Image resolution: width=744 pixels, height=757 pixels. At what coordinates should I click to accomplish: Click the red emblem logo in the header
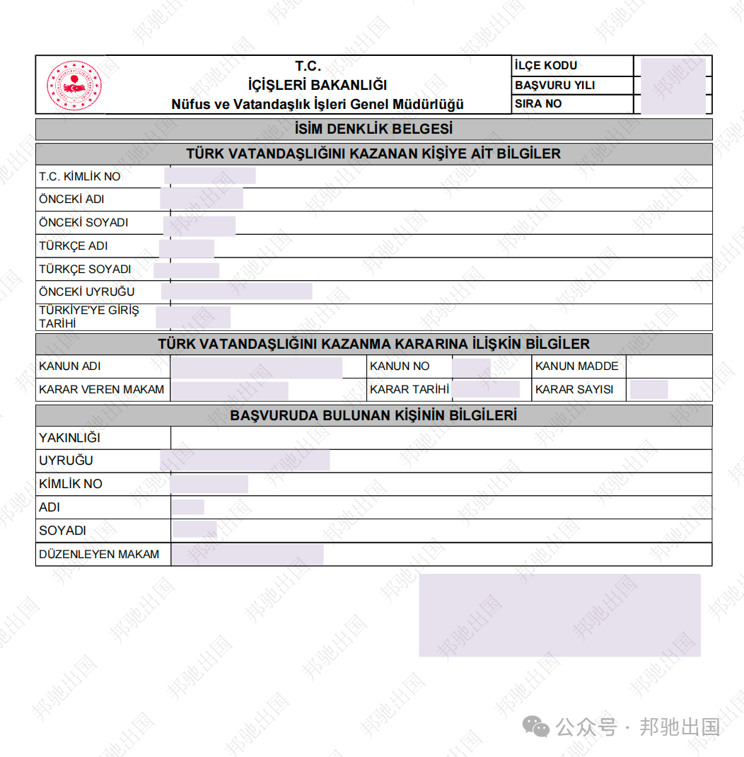74,86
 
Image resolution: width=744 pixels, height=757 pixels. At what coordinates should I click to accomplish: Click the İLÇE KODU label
546,66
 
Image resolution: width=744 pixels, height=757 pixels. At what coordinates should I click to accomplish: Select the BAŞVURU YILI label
554,85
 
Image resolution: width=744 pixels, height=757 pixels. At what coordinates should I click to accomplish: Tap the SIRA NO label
538,104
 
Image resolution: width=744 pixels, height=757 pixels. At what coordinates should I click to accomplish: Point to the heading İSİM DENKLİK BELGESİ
373,129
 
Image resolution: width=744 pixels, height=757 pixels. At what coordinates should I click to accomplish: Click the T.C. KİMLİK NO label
80,176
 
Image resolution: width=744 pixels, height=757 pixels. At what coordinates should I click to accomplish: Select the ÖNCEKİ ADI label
71,200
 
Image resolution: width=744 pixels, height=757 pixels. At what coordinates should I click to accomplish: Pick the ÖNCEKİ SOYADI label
83,223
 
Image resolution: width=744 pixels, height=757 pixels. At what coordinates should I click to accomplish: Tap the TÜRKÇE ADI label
73,246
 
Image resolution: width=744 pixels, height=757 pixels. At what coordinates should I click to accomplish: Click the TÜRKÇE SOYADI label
85,270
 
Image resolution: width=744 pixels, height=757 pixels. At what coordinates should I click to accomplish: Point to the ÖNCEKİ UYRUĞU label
86,292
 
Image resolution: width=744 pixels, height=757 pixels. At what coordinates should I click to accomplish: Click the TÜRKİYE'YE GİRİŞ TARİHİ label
88,317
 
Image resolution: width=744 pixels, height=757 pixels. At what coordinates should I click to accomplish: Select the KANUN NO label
400,366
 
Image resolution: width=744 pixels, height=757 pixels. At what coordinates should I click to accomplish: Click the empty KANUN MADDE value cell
669,366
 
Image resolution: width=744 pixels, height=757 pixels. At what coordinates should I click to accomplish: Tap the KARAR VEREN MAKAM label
101,390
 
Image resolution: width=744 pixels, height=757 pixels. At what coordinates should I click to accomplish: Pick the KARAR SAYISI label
574,390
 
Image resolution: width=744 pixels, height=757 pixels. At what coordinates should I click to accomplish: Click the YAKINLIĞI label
69,438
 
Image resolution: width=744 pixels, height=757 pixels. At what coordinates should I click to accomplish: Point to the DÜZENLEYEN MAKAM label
99,555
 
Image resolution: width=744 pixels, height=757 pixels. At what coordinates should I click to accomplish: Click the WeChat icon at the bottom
535,726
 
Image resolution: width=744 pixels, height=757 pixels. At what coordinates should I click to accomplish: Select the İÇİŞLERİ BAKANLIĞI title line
318,86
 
